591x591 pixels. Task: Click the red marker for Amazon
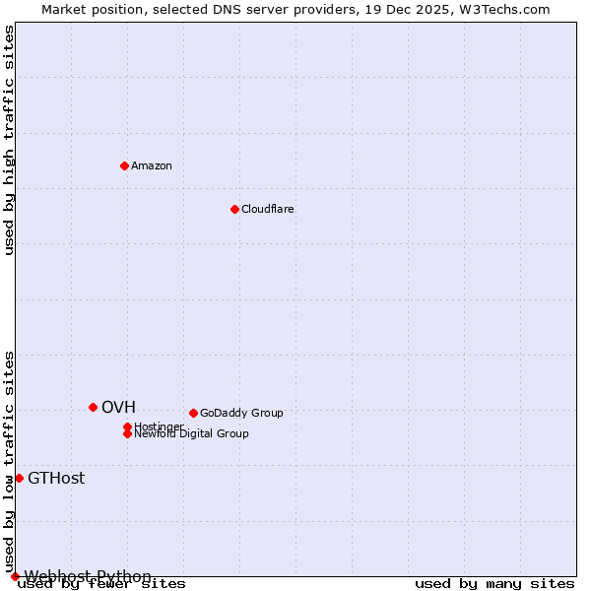coord(124,165)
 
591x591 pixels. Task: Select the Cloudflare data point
coord(234,209)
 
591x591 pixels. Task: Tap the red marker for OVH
coord(93,407)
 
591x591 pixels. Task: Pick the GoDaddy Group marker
coord(193,413)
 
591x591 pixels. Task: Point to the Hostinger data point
coord(127,427)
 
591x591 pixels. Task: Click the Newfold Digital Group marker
coord(127,433)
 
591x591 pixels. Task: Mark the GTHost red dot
coord(19,478)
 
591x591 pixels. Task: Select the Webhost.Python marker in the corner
coord(15,576)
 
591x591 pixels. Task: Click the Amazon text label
coord(152,165)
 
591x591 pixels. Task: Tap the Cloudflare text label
coord(268,209)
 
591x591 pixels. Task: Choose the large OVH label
coord(118,407)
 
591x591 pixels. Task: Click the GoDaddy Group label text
coord(241,413)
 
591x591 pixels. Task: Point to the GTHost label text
coord(56,479)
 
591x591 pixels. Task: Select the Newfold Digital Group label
coord(192,434)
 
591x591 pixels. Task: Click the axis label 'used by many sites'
coord(494,584)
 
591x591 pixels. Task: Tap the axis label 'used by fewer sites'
coord(102,584)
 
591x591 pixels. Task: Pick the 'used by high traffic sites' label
coord(10,140)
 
